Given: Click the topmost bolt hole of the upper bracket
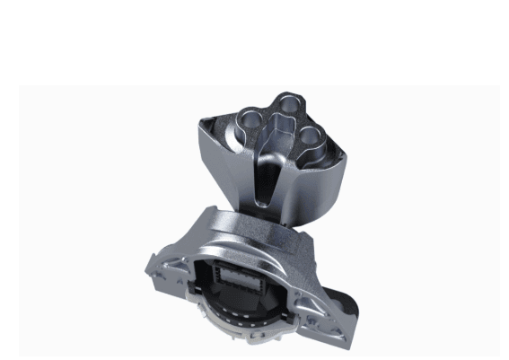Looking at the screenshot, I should [x=286, y=103].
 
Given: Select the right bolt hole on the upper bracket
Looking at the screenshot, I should [x=311, y=136].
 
